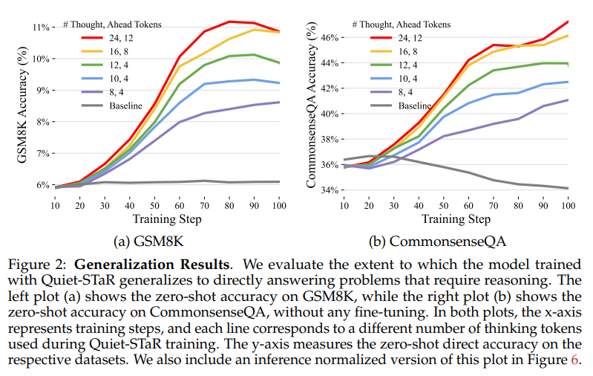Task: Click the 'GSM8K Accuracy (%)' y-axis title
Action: tap(14, 106)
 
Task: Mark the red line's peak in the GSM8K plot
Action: tap(229, 22)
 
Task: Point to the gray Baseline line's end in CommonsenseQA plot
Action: tap(568, 188)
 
